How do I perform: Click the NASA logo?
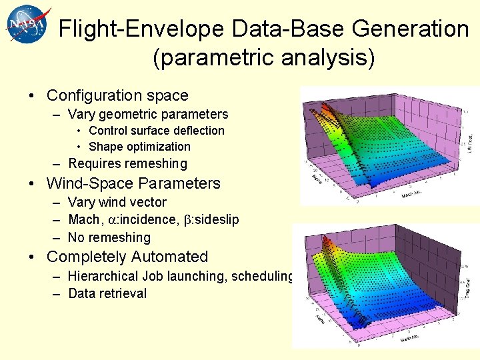(27, 25)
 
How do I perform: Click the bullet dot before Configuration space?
(32, 96)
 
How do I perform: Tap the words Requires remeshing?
(127, 164)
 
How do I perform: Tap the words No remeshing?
(109, 237)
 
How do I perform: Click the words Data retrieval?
(107, 294)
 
